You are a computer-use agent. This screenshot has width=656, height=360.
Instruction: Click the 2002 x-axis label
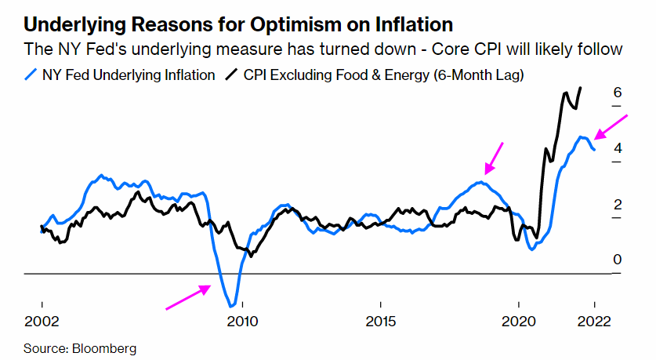click(x=41, y=321)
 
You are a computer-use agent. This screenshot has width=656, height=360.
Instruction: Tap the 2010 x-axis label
click(x=241, y=321)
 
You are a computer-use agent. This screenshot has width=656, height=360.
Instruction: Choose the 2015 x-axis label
click(x=381, y=321)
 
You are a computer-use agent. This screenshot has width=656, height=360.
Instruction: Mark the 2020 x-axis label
click(x=518, y=321)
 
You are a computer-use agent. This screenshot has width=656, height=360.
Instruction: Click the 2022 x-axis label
click(x=594, y=321)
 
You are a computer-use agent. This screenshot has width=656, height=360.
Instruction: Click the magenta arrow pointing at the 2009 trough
click(x=188, y=297)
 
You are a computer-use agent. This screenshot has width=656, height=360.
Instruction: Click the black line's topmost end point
click(x=580, y=88)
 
